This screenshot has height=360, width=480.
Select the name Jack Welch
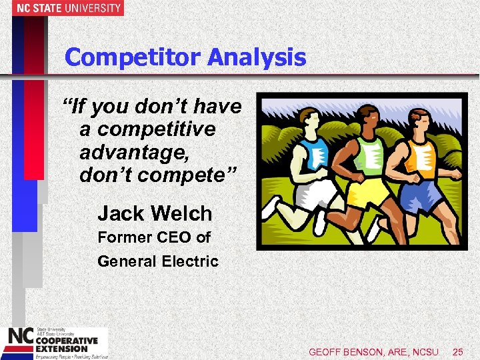155,214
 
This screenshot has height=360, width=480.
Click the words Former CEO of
154,237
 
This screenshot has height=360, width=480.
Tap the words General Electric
158,261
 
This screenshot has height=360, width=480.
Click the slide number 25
457,351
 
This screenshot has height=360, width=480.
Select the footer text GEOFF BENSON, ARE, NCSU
373,351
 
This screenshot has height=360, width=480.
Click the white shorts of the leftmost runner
317,193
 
